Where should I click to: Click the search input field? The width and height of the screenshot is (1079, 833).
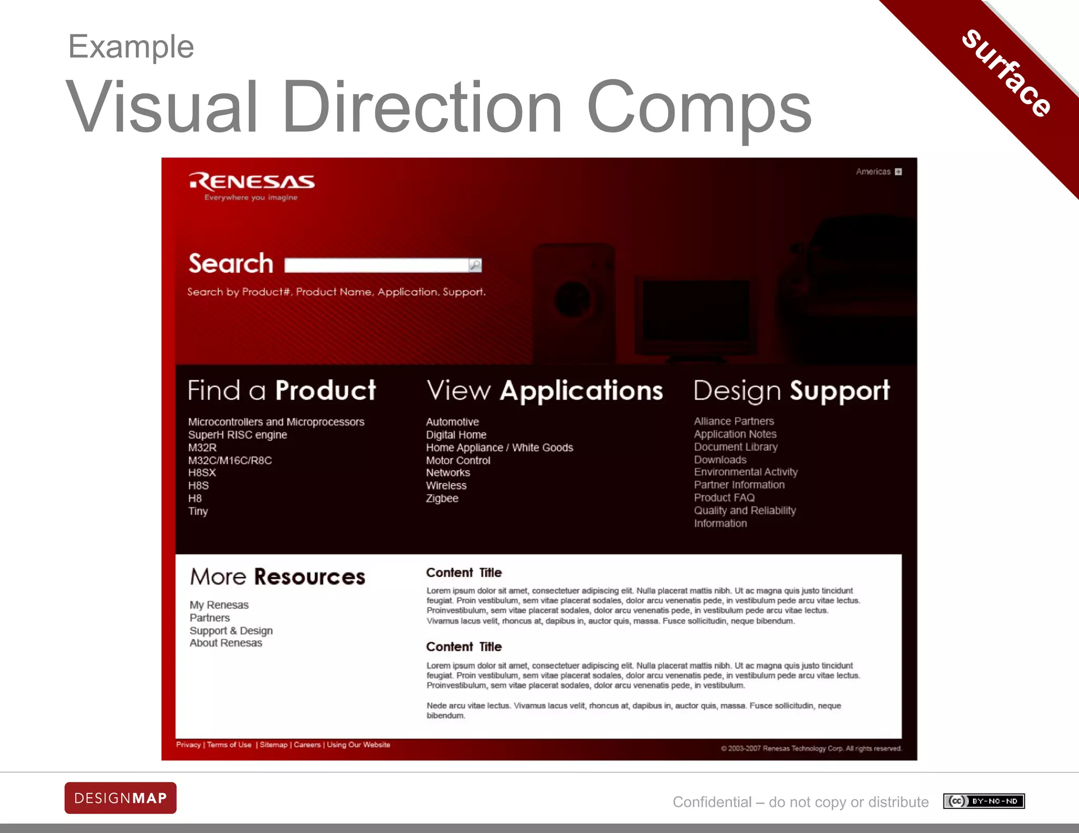[376, 265]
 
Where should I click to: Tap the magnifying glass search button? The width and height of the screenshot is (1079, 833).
[475, 265]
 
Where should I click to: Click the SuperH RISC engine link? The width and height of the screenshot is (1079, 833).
[238, 435]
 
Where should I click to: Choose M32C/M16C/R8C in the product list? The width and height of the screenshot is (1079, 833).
[230, 460]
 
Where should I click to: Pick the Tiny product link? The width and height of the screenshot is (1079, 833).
[198, 511]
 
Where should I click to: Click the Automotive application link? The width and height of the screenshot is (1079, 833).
[453, 422]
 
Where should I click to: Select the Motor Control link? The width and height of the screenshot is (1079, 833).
[458, 460]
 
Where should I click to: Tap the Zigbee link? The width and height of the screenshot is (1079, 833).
[442, 499]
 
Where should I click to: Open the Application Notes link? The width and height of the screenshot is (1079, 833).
[735, 434]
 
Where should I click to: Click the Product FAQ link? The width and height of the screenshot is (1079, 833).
[724, 498]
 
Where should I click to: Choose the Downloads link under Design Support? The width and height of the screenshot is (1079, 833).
[720, 460]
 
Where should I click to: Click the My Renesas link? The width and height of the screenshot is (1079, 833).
[219, 605]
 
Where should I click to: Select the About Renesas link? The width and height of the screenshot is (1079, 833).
[225, 643]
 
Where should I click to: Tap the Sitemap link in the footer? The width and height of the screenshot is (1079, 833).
[273, 745]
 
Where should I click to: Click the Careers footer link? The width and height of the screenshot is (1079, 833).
[307, 745]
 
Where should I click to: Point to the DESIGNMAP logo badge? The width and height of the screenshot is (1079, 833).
[121, 798]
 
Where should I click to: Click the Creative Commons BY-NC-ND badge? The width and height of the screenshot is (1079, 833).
[984, 801]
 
